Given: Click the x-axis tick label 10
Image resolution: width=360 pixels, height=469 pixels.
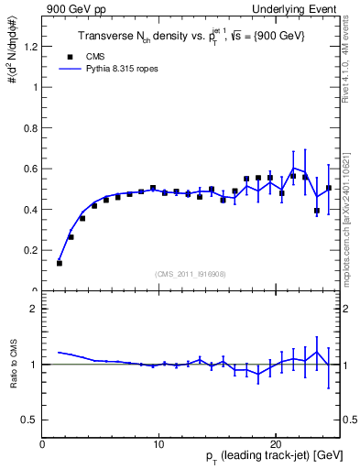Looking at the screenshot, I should [158, 442].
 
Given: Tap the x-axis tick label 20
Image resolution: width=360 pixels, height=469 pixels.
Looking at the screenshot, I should [275, 442].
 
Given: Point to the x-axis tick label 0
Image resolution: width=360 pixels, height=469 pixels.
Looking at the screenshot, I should [42, 442].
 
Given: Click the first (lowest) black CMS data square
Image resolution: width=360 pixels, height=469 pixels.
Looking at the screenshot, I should [60, 263].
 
